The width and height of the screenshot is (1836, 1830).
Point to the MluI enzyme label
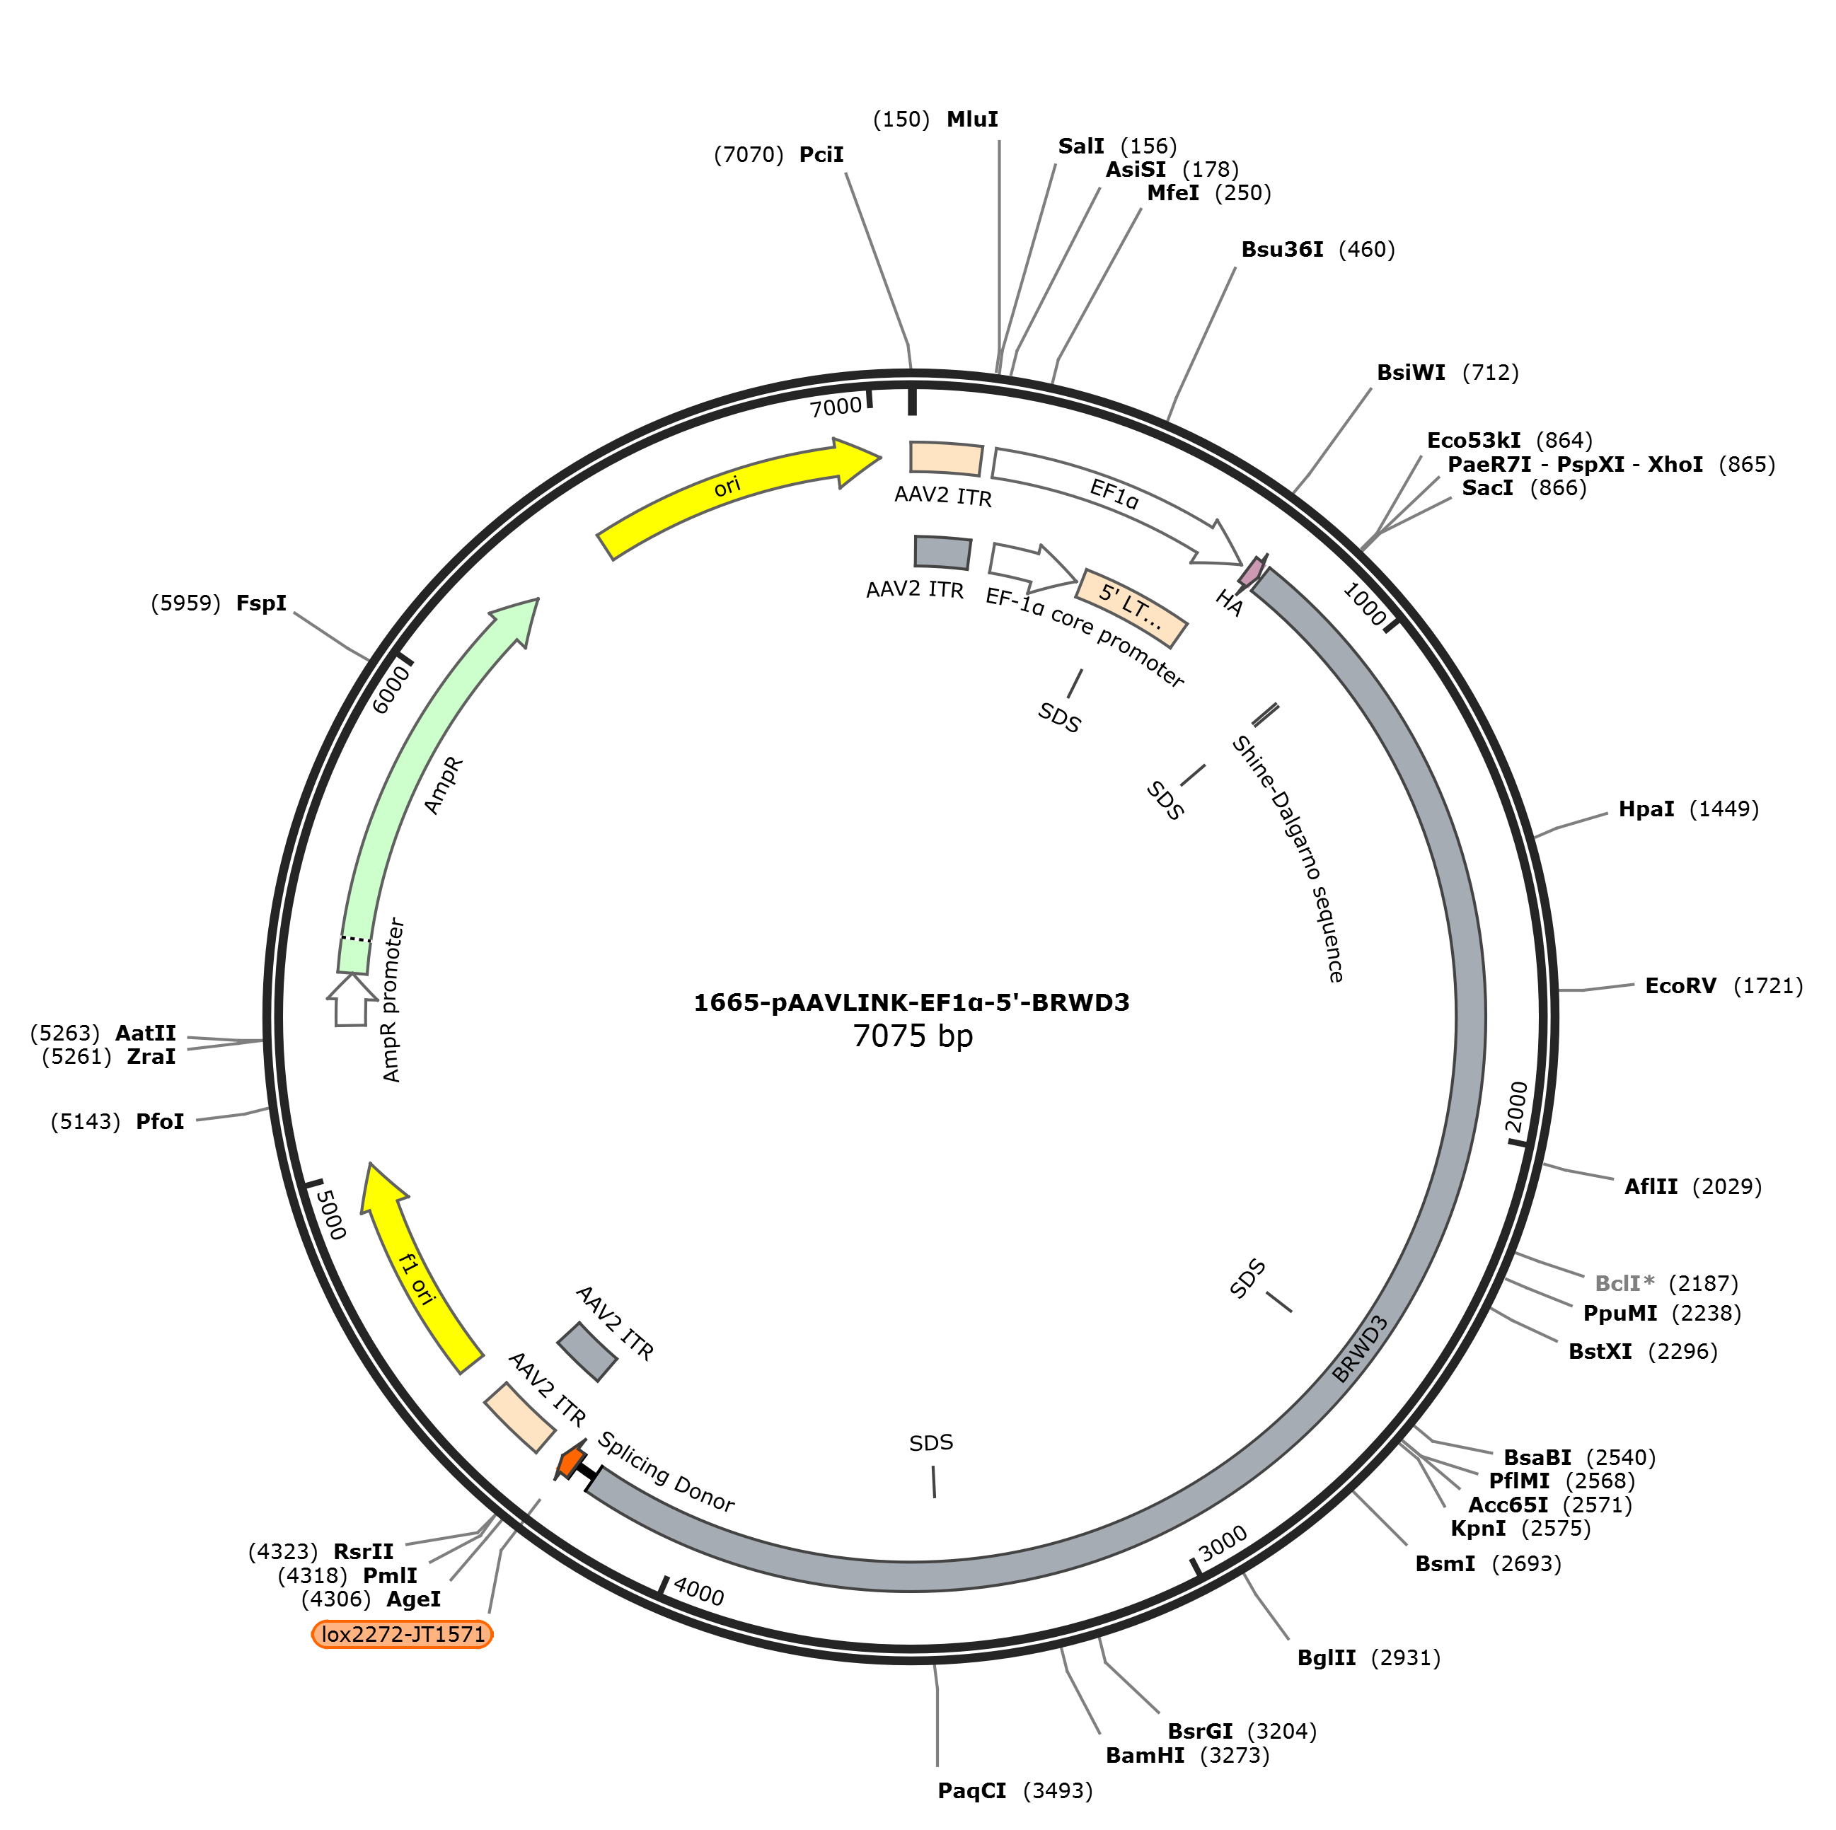coord(972,120)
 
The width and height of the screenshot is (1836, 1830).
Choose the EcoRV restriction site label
coord(1680,986)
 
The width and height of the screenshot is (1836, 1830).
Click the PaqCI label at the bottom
coord(971,1791)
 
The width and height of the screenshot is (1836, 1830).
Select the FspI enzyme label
coord(261,603)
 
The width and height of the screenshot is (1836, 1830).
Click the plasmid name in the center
coord(911,1002)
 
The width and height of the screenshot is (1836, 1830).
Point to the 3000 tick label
coord(1222,1543)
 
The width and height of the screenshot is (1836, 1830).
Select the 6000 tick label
coord(391,690)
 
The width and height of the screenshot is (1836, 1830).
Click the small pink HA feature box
coord(1252,570)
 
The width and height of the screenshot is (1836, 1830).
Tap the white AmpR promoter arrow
coord(352,1000)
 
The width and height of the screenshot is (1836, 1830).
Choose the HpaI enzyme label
coord(1646,809)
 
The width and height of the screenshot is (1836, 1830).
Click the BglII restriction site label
coord(1327,1658)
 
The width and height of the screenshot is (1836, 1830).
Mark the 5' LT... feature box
coord(1131,608)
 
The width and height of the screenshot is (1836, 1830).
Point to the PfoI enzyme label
coord(160,1122)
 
